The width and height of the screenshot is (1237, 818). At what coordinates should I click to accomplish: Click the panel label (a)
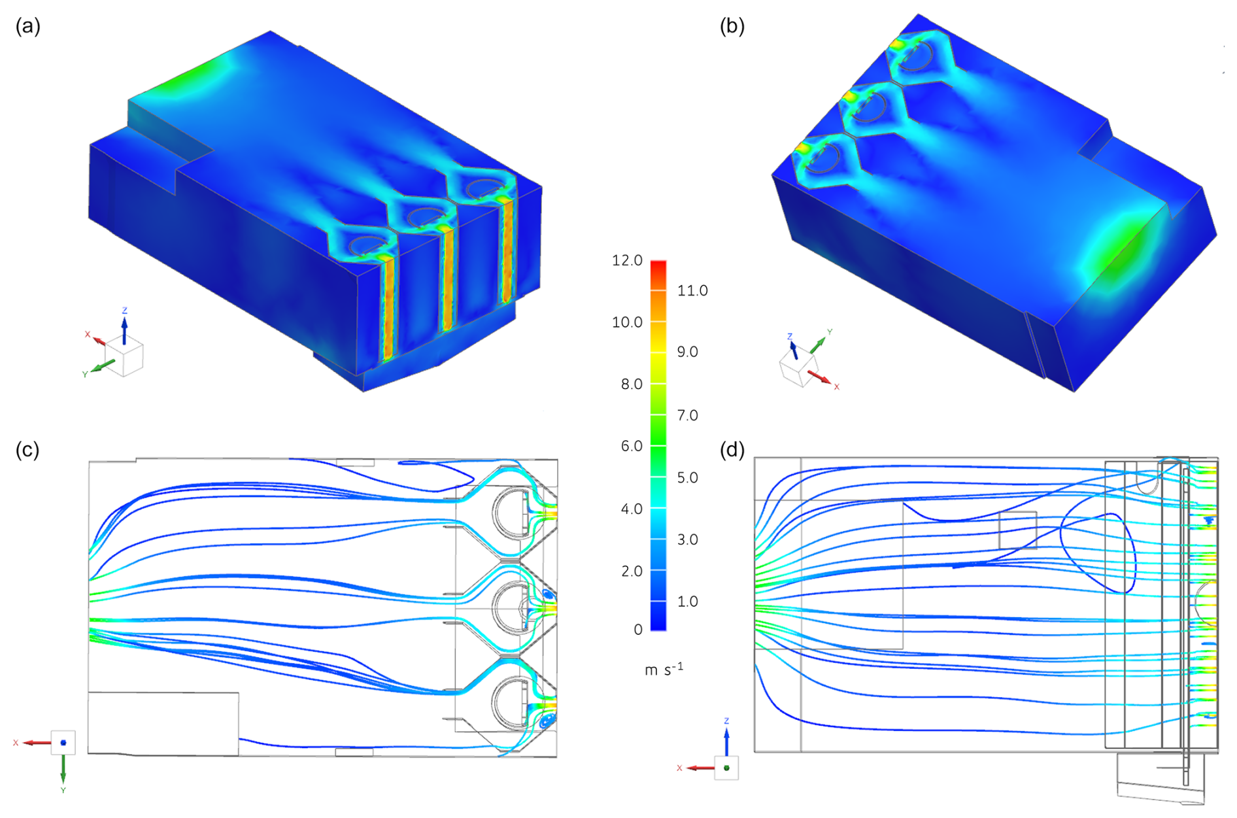(x=28, y=26)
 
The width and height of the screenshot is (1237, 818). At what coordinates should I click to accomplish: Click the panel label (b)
(x=732, y=26)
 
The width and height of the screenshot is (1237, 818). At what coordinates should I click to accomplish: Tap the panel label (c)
(x=27, y=450)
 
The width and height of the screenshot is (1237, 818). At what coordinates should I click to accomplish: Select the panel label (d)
(x=732, y=450)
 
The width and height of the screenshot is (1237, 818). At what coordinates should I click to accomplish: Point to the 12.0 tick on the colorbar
(x=627, y=260)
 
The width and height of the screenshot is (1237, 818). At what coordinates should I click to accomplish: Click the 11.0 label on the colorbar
(x=692, y=290)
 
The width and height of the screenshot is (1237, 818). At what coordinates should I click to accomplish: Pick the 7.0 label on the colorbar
(x=687, y=415)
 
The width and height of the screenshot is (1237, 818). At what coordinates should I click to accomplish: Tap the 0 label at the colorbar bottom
(x=638, y=630)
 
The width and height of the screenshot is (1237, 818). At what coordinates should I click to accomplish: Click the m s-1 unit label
(x=664, y=670)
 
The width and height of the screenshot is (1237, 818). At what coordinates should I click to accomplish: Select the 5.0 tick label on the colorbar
(x=687, y=477)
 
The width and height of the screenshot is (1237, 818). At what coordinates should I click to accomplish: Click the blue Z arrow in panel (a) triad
(x=124, y=329)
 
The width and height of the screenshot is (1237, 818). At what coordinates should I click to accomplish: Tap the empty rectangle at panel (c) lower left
(x=163, y=724)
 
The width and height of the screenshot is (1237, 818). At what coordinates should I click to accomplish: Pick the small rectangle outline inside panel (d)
(x=1018, y=530)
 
